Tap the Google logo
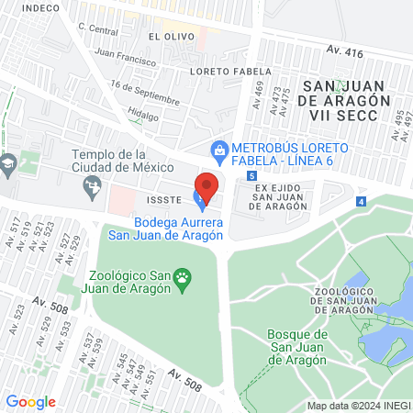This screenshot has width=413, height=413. pos(31,401)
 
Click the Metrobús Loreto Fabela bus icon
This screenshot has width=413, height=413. pos(219,149)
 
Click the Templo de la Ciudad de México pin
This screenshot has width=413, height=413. pos(92,188)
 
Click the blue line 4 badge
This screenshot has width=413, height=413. pos(361,201)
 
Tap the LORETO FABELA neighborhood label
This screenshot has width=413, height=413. pos(230,71)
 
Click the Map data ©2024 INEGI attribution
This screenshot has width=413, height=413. pos(358,406)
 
